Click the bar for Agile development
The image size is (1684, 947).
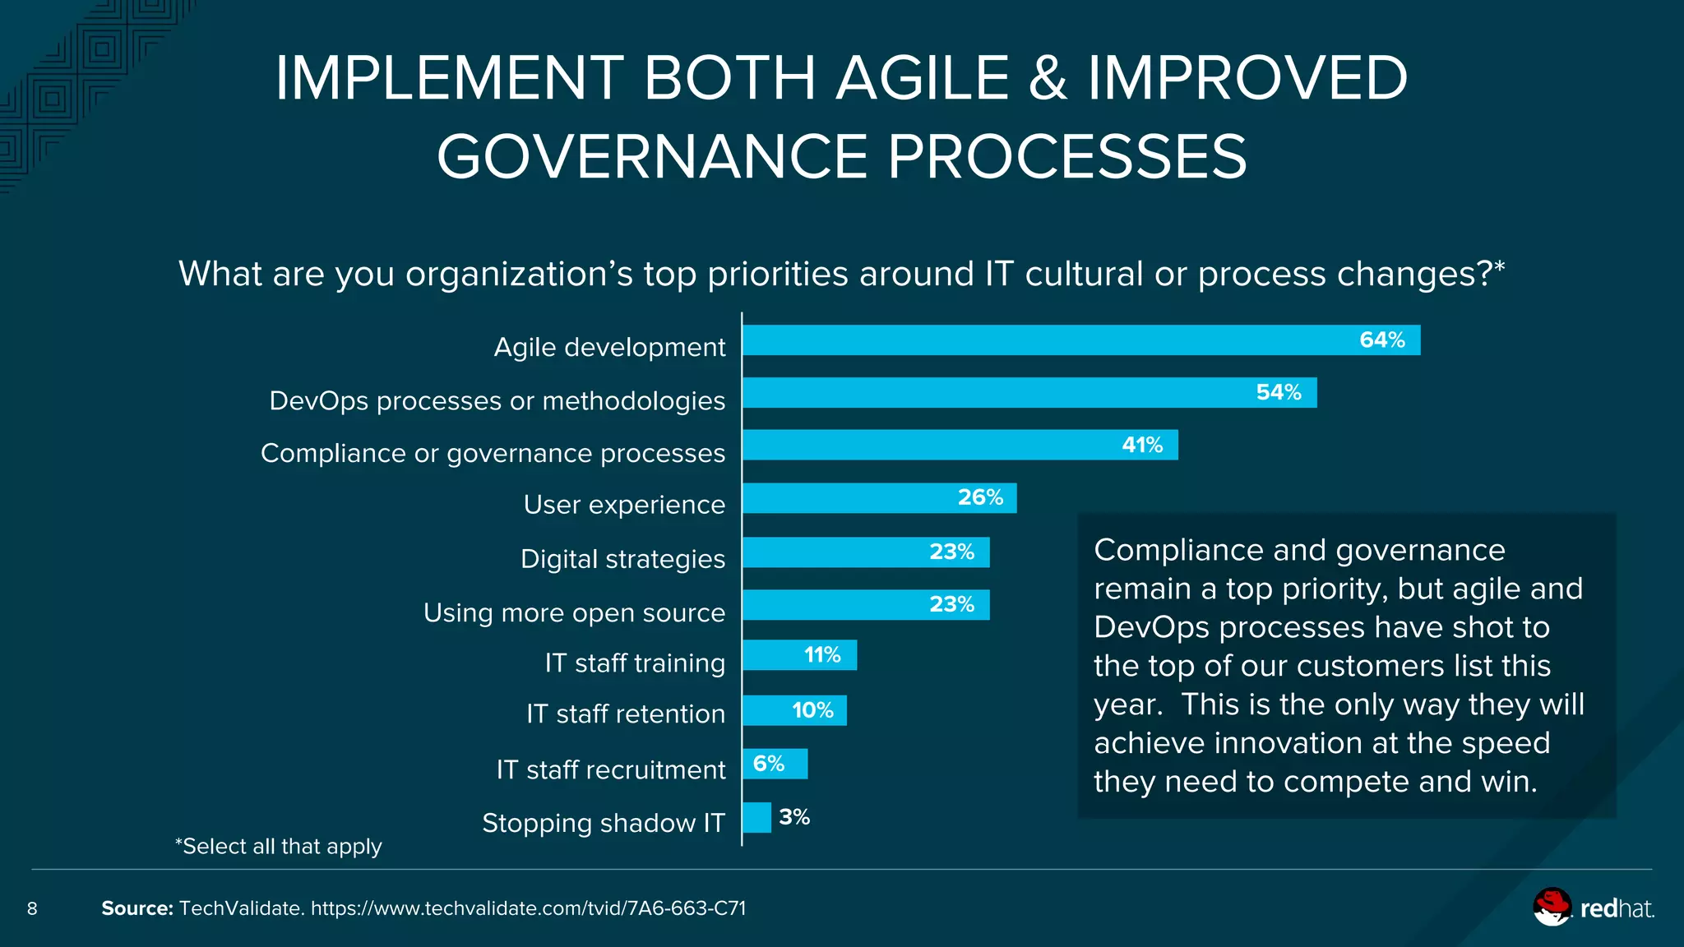pos(1080,340)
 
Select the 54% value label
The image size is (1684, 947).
pos(1279,393)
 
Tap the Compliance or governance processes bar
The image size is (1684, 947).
pos(960,445)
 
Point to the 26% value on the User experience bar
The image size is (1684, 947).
pos(980,498)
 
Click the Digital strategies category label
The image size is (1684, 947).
pos(622,559)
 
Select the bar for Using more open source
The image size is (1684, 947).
pos(865,605)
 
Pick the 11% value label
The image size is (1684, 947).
pos(822,655)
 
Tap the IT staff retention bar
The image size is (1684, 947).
pos(793,710)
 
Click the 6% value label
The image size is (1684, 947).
pos(769,764)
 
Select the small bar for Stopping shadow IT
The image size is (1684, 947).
pos(756,818)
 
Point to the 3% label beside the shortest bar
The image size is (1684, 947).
pos(794,817)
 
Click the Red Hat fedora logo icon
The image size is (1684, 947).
pos(1552,907)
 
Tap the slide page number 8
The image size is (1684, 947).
pos(32,908)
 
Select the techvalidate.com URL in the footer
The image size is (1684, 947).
pos(528,908)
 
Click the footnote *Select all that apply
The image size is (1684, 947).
pos(279,846)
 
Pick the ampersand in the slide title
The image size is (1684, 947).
pos(1048,79)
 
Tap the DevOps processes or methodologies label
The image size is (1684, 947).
pos(497,400)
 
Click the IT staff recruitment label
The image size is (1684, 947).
pos(610,769)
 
